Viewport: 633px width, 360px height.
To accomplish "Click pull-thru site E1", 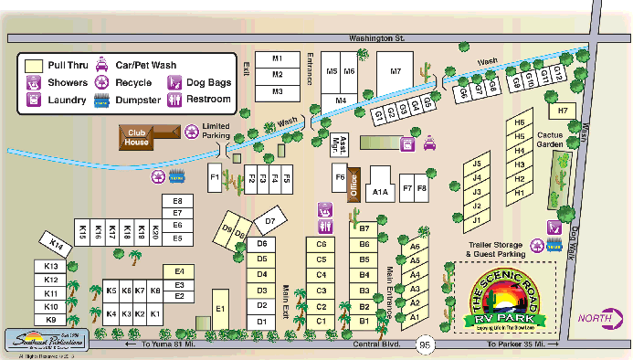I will click(220, 309).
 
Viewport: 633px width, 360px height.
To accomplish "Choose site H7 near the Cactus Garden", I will click(563, 111).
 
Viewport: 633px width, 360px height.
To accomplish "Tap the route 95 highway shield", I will click(424, 345).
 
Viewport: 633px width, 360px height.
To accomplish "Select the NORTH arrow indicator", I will click(604, 318).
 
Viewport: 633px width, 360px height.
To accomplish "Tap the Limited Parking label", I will click(216, 131).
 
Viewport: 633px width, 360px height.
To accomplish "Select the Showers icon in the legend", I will click(33, 82).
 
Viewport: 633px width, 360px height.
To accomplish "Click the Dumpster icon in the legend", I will click(101, 100).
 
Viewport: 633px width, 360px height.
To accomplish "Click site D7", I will click(269, 220).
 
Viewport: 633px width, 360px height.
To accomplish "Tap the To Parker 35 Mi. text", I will click(517, 345).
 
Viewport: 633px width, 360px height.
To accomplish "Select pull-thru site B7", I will click(364, 228).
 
